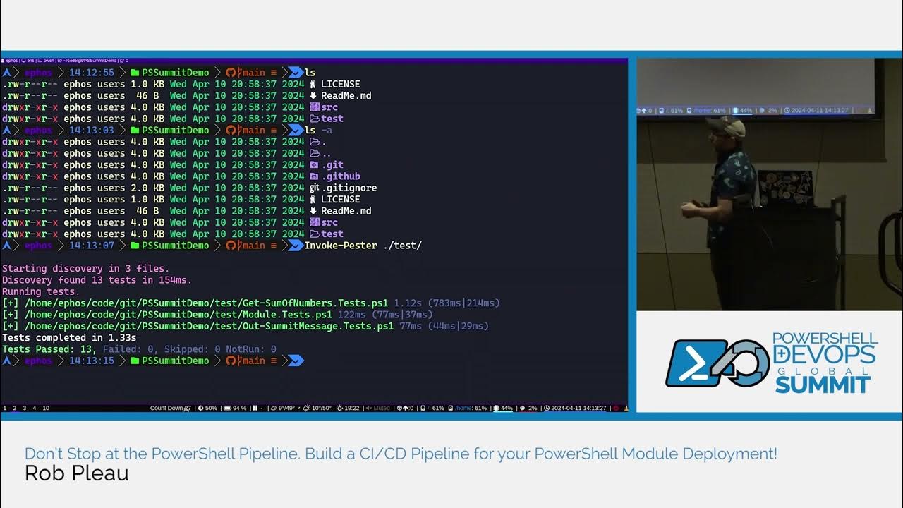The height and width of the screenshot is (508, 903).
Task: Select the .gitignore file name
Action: [349, 188]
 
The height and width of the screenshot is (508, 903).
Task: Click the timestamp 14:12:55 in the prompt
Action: [91, 73]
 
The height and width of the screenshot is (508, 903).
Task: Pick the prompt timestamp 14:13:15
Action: [91, 361]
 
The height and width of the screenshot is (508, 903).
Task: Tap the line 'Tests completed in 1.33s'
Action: [69, 337]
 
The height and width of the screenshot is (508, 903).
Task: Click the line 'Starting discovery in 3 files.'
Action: [85, 268]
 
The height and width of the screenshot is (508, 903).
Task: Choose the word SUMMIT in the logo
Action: [823, 385]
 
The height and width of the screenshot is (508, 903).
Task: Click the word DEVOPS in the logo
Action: [825, 353]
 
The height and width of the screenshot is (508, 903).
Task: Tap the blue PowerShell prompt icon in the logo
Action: [693, 363]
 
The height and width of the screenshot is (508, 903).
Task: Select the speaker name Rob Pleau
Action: [76, 473]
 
